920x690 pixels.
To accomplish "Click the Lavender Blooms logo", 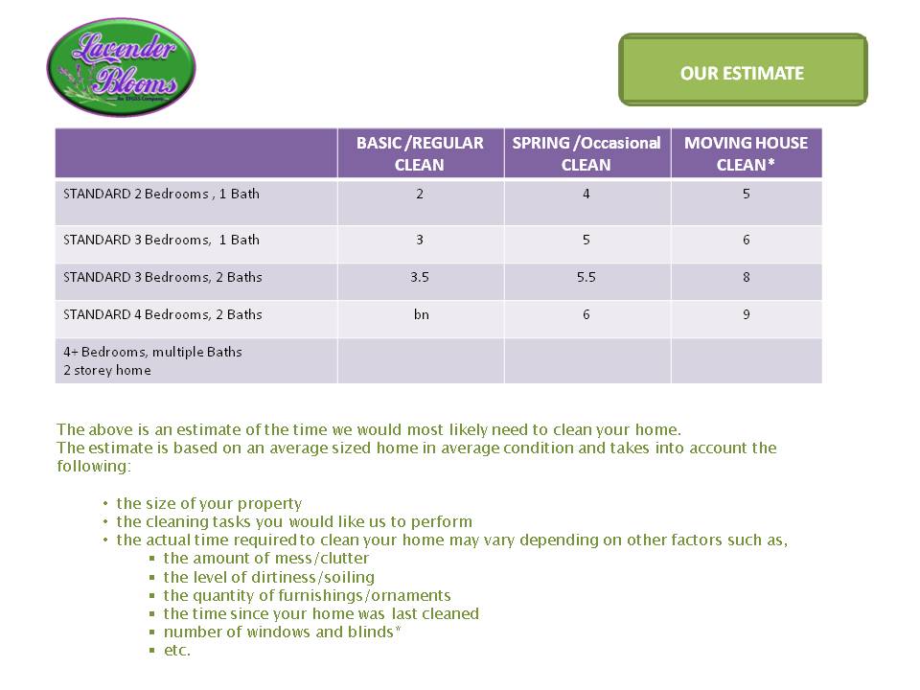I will coord(121,67).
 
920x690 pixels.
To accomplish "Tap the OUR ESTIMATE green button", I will coord(743,73).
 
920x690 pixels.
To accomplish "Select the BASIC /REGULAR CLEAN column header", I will coord(420,153).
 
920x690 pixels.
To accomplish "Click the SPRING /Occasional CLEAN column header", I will coord(586,153).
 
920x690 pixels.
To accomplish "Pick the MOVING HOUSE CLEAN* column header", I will coord(746,153).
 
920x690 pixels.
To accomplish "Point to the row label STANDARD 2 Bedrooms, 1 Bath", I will coord(161,194).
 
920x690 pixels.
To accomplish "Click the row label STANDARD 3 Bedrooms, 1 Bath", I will coord(161,240).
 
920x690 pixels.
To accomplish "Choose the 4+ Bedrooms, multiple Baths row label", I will coord(152,360).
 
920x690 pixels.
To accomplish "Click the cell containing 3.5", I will coord(420,277).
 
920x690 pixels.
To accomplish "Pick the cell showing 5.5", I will coord(586,277).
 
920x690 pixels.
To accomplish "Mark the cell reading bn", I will coord(421,314).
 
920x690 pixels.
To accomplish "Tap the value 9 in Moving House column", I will coord(747,314).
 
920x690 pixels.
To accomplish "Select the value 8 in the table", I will coord(747,277).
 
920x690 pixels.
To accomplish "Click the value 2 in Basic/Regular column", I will coord(420,194).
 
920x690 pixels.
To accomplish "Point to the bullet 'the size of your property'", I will coord(209,503).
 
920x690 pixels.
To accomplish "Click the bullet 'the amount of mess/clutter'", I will coord(265,558).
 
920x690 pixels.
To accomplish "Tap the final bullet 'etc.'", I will coord(177,650).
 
